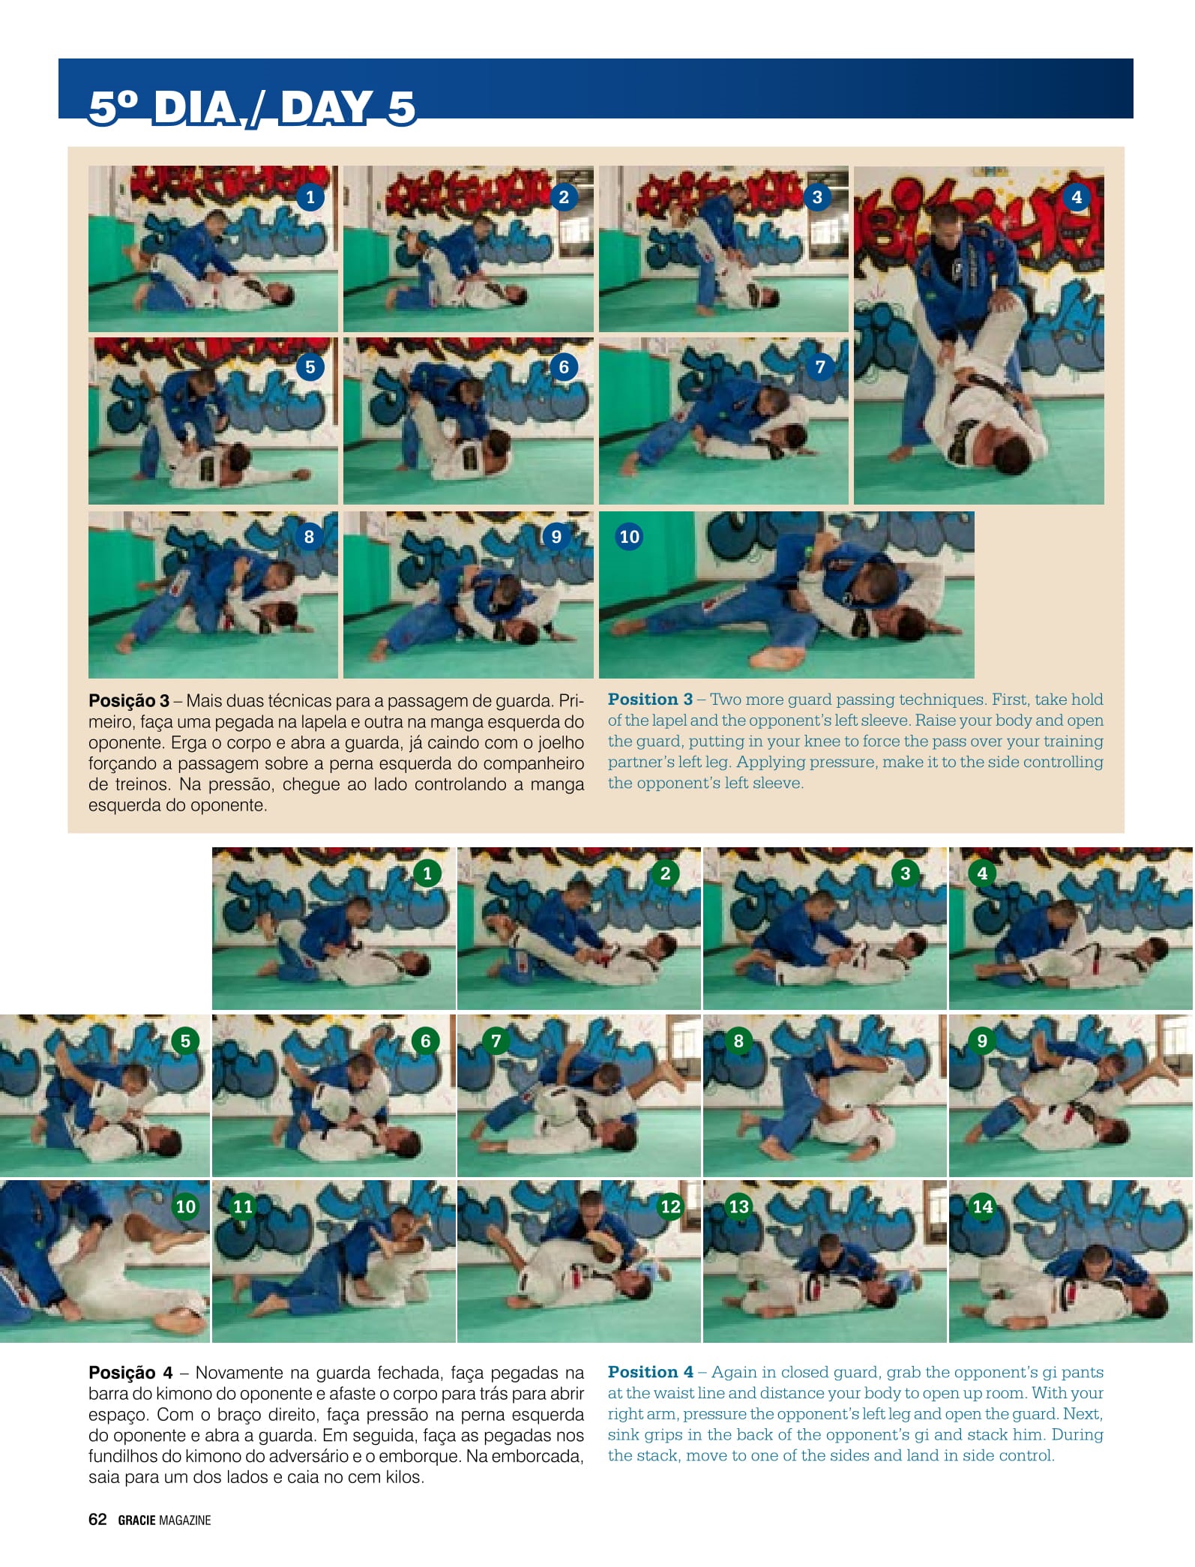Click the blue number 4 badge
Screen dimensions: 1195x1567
[1077, 197]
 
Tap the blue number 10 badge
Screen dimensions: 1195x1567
[629, 537]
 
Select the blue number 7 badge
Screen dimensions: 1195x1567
[819, 367]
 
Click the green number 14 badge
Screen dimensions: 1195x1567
[982, 1206]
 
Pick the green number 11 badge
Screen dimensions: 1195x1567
[243, 1206]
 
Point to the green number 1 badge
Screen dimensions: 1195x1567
[427, 873]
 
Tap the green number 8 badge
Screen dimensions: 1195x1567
[738, 1041]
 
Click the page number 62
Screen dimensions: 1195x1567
[97, 1519]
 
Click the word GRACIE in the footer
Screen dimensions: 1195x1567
[137, 1520]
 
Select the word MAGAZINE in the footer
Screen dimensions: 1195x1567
[185, 1520]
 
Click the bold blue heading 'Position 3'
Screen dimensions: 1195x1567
[650, 700]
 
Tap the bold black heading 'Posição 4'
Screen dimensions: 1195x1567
[130, 1373]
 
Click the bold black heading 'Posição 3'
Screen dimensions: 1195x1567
[129, 701]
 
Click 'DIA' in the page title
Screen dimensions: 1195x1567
[196, 107]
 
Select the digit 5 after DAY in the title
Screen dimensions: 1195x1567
[402, 107]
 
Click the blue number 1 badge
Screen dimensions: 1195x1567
[310, 197]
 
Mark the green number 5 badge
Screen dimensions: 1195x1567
[185, 1041]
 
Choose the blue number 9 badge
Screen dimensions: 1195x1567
[556, 537]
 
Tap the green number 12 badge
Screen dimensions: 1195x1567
[670, 1206]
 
